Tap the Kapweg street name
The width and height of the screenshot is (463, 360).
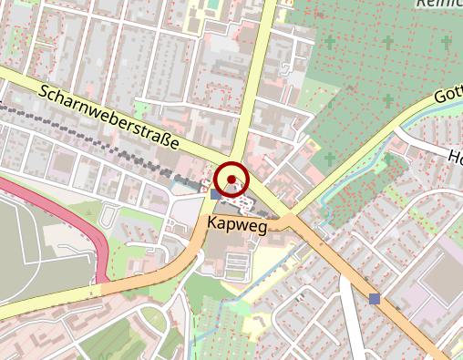237,224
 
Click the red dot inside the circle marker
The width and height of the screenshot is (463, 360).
232,179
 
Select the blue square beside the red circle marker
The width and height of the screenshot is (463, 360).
216,193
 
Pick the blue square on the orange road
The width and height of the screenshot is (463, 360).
375,298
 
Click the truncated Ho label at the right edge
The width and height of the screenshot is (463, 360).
455,157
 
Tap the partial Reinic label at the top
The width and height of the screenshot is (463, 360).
438,5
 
